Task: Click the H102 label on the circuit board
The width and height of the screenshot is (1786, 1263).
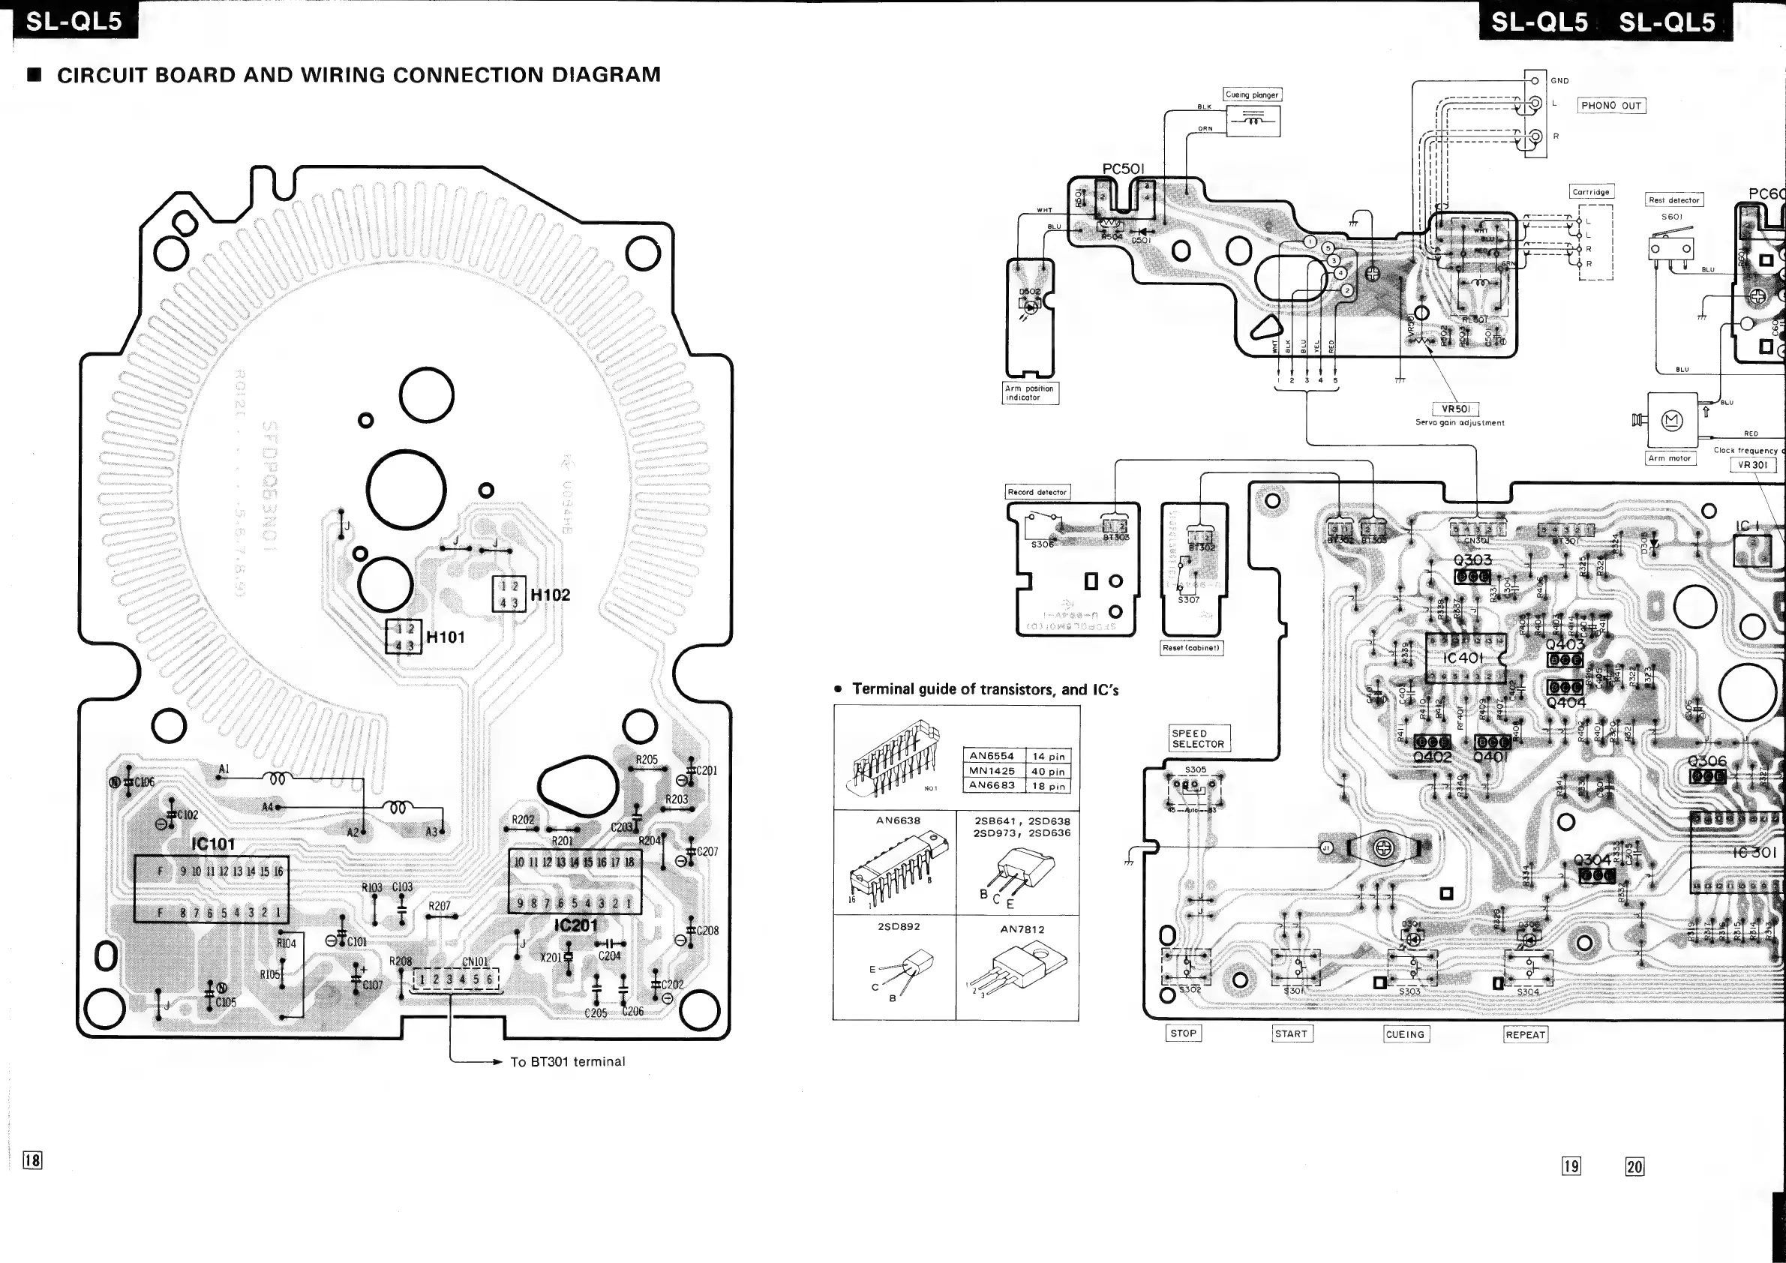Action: (550, 595)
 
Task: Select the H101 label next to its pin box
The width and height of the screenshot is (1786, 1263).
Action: (446, 637)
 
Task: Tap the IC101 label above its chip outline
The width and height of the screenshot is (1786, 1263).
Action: (212, 844)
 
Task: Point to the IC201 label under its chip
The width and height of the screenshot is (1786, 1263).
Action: (575, 925)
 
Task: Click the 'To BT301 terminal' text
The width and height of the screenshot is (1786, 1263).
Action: (567, 1061)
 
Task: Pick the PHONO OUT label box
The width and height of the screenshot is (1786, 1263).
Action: (1611, 106)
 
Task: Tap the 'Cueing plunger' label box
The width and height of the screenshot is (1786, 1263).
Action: (1252, 95)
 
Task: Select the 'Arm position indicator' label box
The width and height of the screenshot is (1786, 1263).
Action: (1029, 393)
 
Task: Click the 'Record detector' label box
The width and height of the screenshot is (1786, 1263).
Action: (1037, 491)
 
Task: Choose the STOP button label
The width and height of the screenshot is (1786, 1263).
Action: (1183, 1033)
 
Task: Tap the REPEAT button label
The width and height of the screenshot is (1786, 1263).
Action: (1526, 1034)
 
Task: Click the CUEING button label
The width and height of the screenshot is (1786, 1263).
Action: (1405, 1034)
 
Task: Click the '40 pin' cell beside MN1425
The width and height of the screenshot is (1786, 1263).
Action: (1049, 772)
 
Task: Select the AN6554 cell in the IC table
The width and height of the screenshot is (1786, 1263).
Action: (991, 756)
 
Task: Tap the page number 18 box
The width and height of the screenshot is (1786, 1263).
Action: (33, 1160)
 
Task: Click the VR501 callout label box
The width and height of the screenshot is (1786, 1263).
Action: (1455, 409)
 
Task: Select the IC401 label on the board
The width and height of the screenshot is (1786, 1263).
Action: (1463, 658)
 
